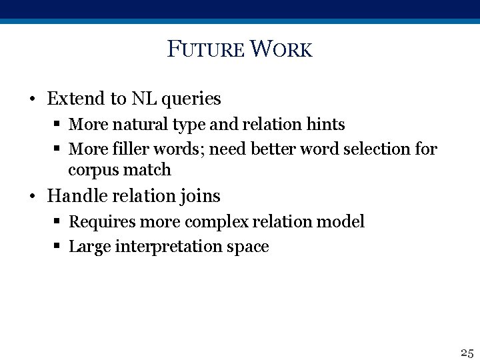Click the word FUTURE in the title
point(207,49)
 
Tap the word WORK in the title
point(282,49)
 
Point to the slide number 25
point(466,352)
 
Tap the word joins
point(199,197)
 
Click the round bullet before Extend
point(32,100)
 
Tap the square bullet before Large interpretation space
point(59,247)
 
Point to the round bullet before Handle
point(32,197)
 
